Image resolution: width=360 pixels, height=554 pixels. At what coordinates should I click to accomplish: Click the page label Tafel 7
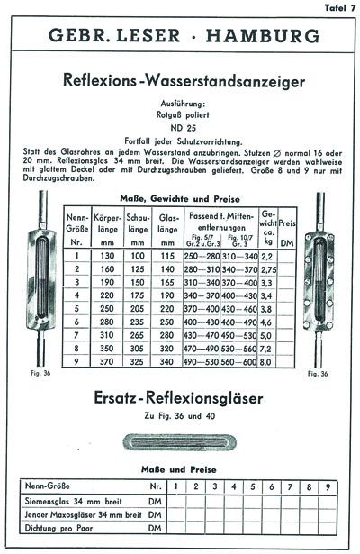coord(338,7)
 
